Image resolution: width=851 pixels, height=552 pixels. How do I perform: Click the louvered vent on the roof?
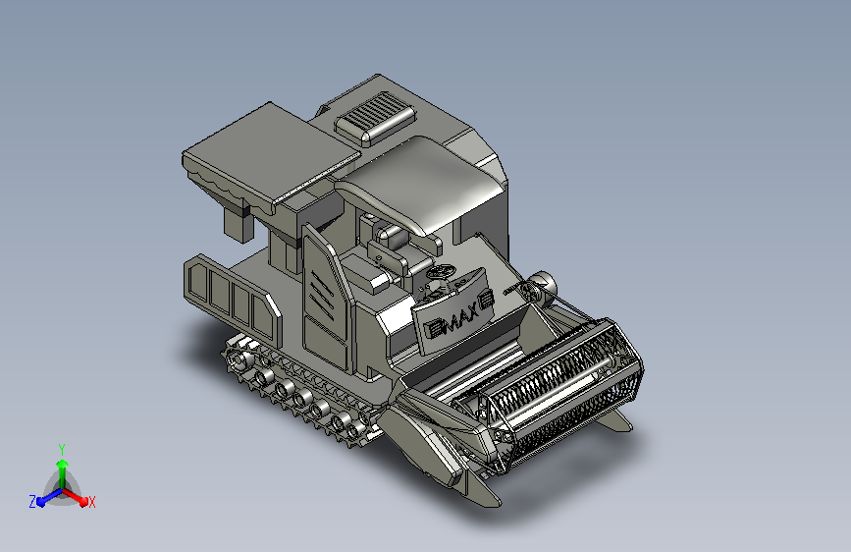click(x=376, y=118)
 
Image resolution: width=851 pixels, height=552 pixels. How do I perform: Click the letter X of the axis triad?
click(x=91, y=503)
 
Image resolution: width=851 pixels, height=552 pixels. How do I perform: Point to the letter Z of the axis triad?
click(x=32, y=502)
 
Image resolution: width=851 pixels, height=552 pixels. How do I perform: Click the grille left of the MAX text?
click(x=435, y=328)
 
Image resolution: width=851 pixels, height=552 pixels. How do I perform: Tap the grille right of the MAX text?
click(x=486, y=300)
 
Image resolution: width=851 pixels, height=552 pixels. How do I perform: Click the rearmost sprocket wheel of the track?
click(x=238, y=359)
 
